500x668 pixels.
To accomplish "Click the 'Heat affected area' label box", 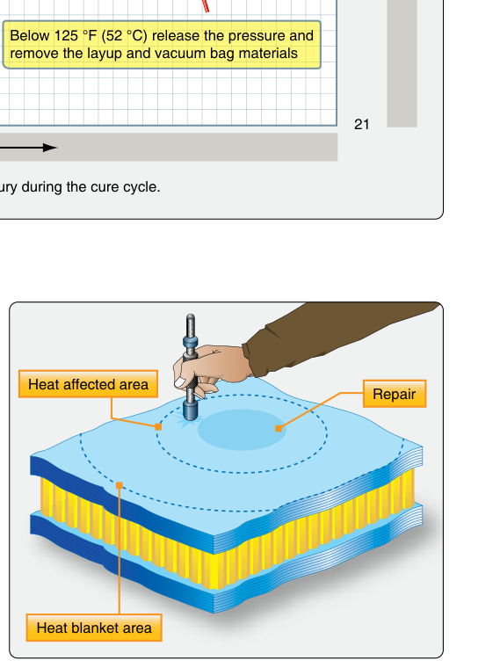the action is (x=88, y=384).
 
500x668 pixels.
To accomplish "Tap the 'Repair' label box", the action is (x=395, y=394).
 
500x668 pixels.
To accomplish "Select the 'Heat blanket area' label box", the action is (x=94, y=628).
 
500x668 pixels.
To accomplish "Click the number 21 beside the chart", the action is (x=361, y=125).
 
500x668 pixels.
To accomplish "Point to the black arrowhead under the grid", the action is (x=50, y=148).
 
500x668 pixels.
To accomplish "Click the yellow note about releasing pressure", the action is (x=162, y=44).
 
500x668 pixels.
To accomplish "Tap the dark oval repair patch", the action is (x=242, y=430).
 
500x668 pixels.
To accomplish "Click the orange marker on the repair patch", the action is (x=279, y=429).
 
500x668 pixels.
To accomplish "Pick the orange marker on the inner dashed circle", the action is (x=158, y=426).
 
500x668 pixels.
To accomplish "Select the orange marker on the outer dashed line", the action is (x=120, y=485).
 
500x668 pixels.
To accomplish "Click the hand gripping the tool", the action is (x=211, y=368).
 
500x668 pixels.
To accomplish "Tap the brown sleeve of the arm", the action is (x=332, y=337).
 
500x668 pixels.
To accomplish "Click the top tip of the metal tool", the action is (x=191, y=316).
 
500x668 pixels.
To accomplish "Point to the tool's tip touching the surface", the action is (x=191, y=418).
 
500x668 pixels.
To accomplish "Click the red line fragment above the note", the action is (x=206, y=6).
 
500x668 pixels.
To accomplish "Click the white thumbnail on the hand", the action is (x=180, y=381).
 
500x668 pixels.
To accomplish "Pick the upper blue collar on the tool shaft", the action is (x=191, y=342).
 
